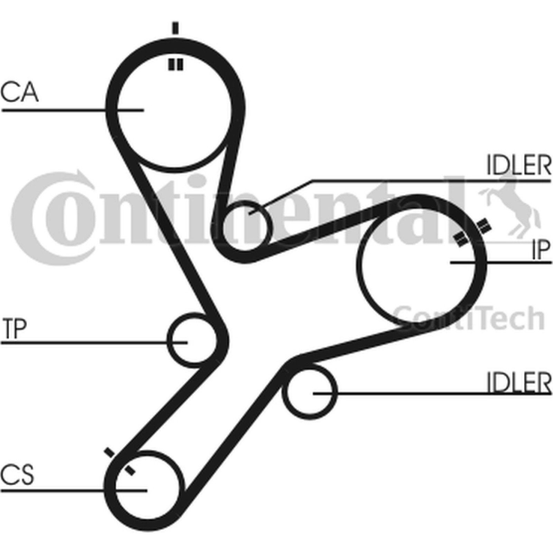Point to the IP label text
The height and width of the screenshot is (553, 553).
tap(541, 250)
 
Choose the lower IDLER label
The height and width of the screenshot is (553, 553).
tap(519, 383)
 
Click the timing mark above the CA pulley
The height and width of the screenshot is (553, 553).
tap(175, 28)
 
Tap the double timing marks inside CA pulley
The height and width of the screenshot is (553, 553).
tap(175, 65)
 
